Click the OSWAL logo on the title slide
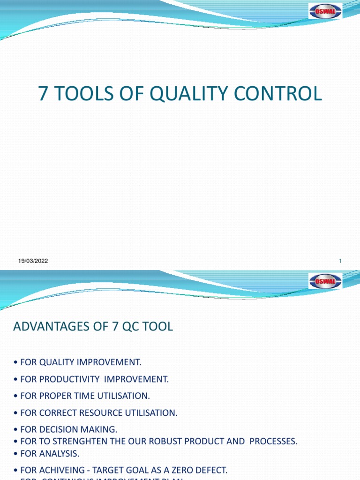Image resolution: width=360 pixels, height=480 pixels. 325,11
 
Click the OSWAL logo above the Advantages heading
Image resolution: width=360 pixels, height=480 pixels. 325,281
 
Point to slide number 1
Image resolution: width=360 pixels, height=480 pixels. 339,261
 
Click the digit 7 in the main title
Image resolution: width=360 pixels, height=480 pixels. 43,94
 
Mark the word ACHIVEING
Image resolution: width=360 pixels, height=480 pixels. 58,470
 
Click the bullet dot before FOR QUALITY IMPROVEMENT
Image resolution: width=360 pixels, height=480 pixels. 16,362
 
